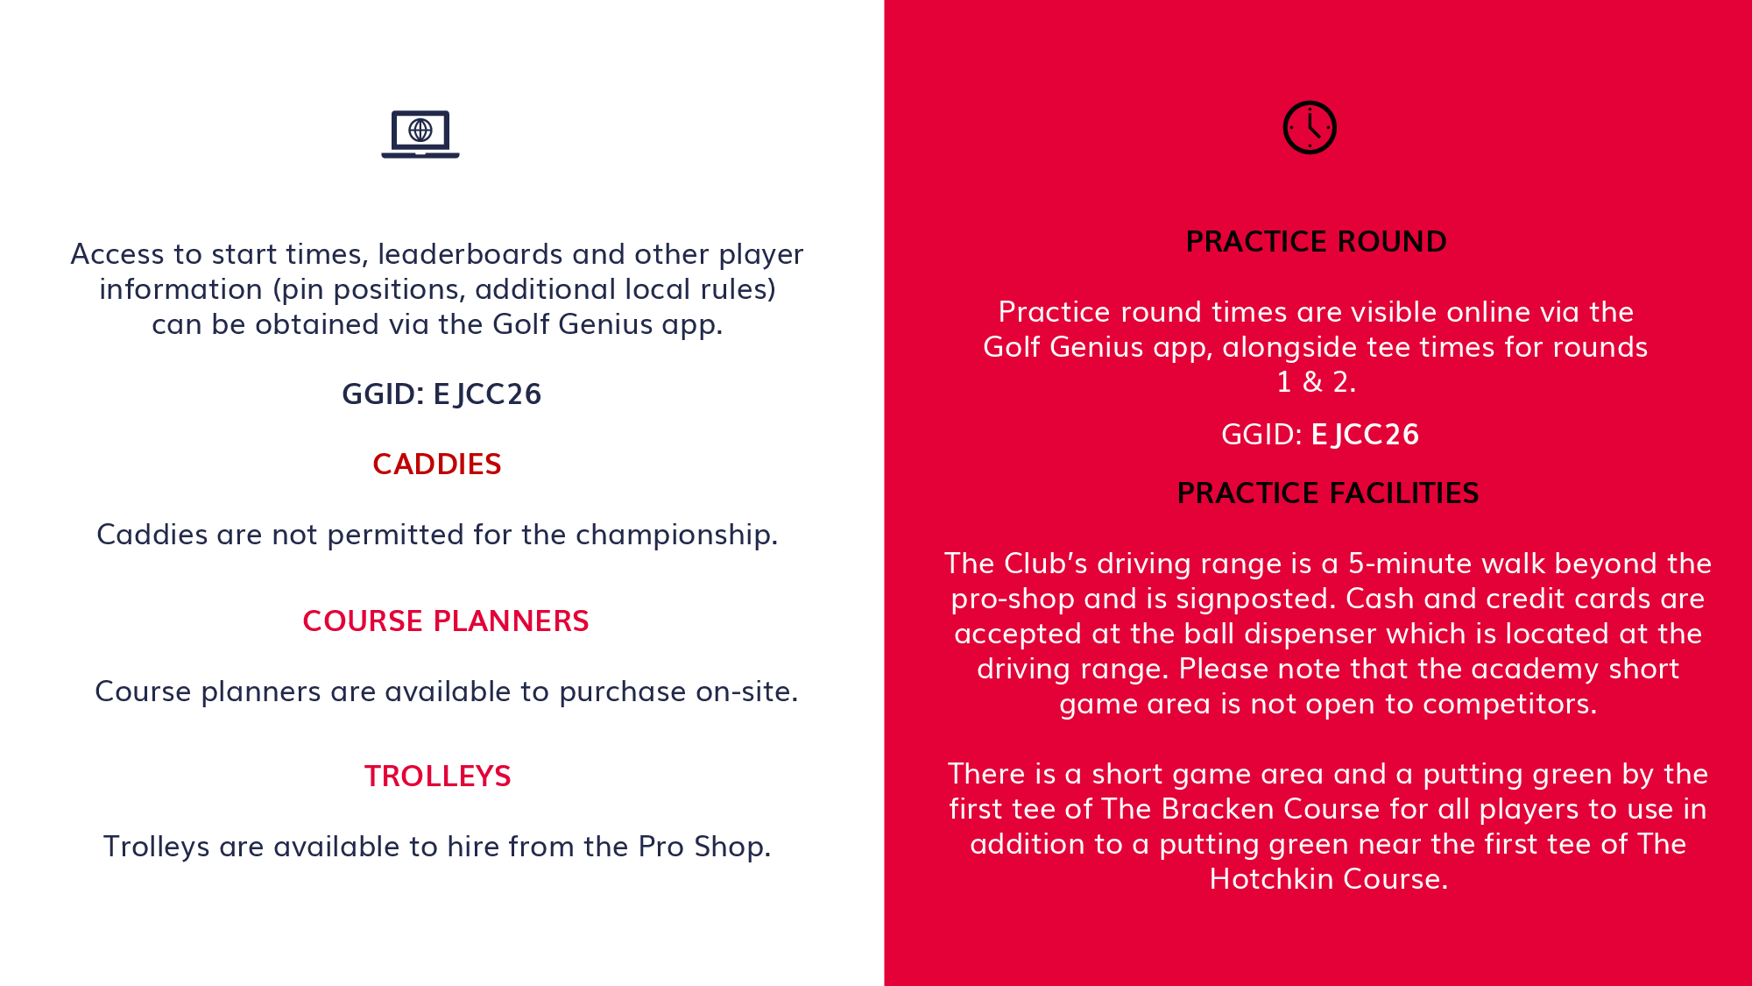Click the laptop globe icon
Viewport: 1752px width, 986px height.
[420, 134]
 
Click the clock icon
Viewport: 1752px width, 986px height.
[1310, 128]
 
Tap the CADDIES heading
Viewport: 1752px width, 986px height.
[437, 464]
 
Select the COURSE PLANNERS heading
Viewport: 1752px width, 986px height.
[446, 621]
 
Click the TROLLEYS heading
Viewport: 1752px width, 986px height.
[438, 776]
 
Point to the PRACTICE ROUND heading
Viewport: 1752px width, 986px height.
[1316, 241]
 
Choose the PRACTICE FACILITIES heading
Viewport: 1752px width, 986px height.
[1328, 493]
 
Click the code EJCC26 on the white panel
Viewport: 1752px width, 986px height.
[487, 394]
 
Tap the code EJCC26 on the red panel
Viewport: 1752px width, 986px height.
[1365, 435]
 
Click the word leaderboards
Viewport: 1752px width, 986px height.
[470, 254]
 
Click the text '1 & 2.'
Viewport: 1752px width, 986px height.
[1316, 382]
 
